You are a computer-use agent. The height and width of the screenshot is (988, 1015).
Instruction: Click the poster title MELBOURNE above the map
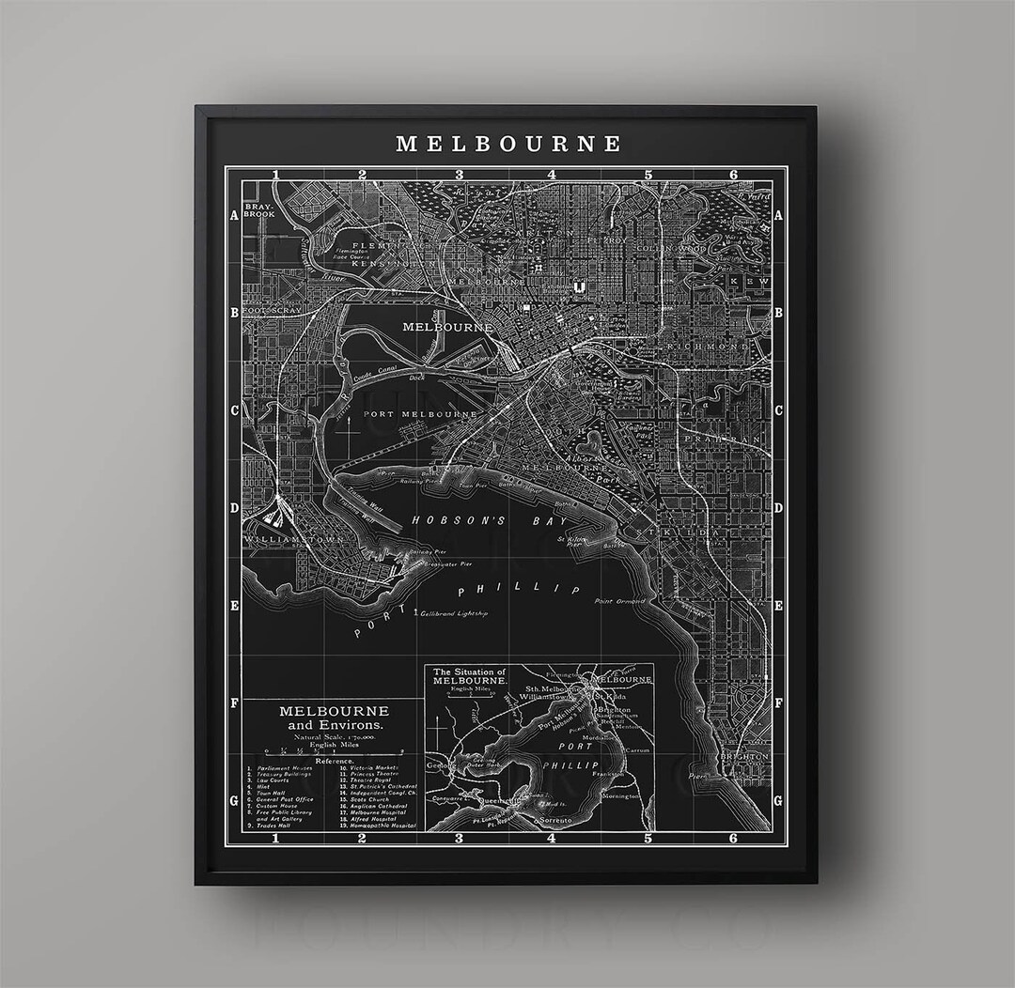tap(507, 144)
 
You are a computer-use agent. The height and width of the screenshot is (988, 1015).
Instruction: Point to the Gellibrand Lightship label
tap(456, 613)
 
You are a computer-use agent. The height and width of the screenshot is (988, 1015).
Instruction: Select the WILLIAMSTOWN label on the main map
tap(282, 540)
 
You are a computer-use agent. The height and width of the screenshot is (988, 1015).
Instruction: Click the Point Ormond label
tap(619, 601)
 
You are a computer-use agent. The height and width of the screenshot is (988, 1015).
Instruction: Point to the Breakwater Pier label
tap(446, 564)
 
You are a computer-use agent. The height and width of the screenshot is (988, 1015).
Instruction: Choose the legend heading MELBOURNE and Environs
tap(334, 718)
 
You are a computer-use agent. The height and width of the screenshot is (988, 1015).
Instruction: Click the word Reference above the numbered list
tap(334, 761)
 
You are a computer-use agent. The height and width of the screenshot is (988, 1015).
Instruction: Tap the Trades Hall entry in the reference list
tap(273, 826)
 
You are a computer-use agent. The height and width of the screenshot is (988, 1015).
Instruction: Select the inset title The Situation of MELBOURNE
tap(467, 676)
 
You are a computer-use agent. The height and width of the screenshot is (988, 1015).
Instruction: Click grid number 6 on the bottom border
tap(733, 839)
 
